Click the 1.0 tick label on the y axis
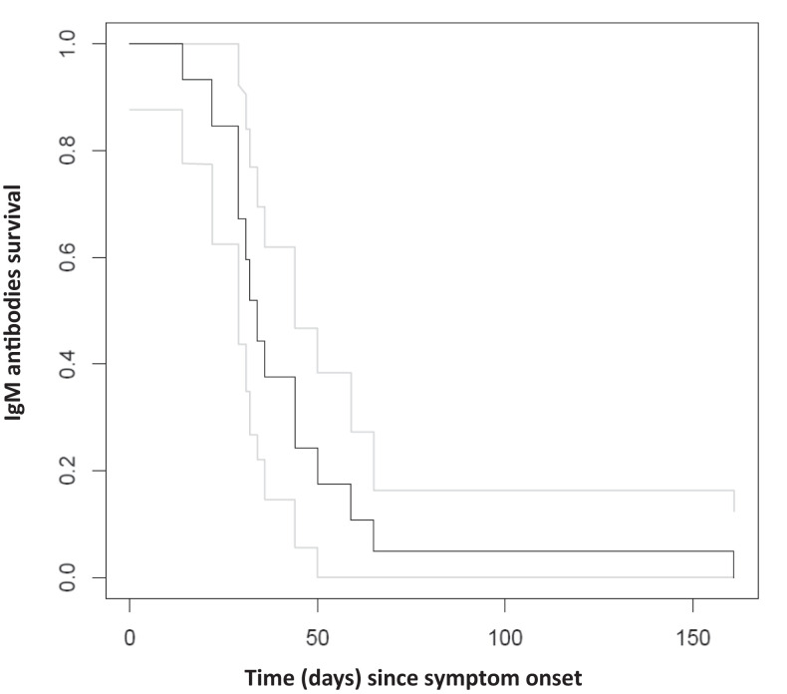65,44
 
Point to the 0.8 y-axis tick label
65,151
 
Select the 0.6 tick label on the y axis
65,257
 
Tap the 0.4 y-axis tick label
65,364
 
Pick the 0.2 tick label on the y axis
65,471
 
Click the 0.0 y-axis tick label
65,577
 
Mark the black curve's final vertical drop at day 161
733,564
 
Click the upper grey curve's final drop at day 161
733,501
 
